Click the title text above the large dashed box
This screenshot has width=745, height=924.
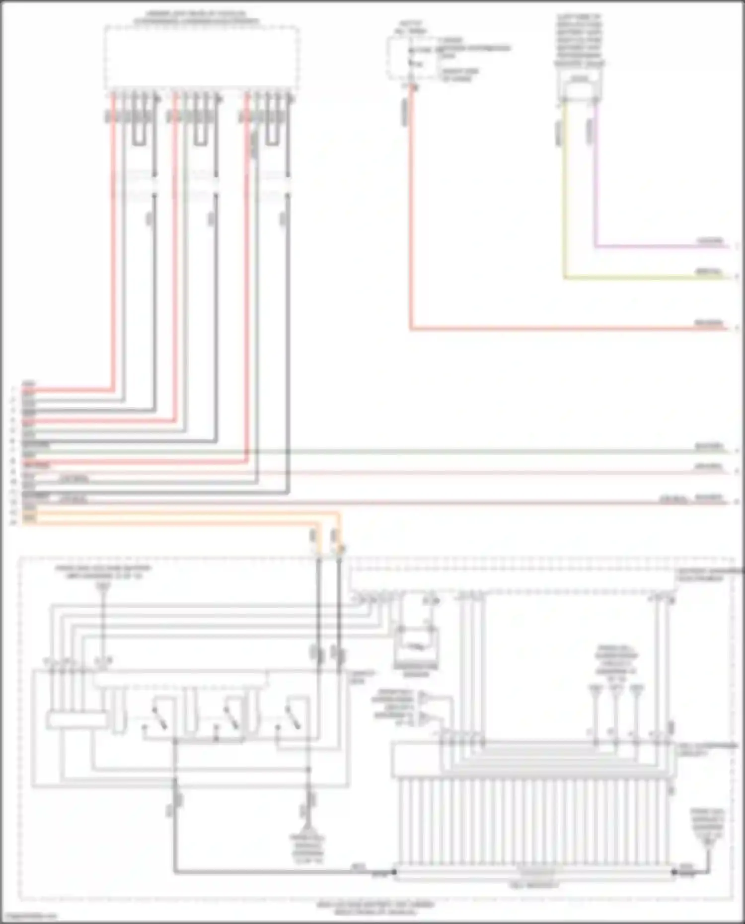(x=196, y=18)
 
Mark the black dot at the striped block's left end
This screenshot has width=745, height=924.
(x=395, y=872)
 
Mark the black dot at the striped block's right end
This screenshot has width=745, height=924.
(x=673, y=872)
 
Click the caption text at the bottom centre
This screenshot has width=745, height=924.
(x=375, y=908)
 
